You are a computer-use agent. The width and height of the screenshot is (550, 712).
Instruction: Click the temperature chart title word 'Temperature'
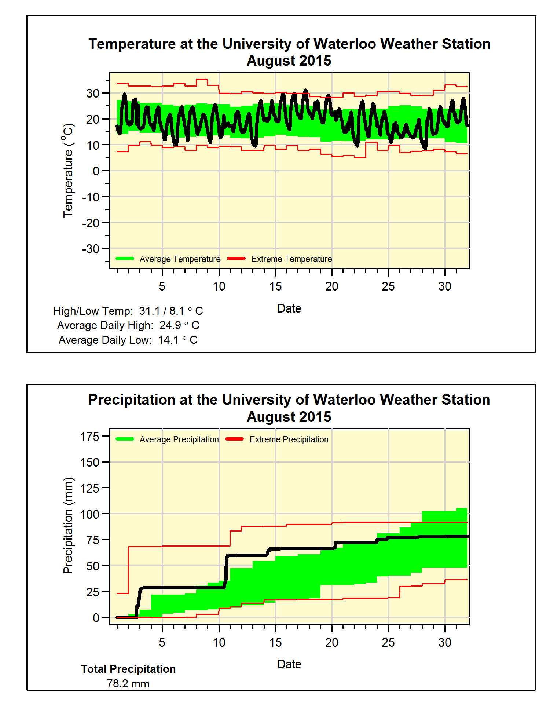click(132, 44)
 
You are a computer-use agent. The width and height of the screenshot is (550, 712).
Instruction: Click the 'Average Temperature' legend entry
click(180, 259)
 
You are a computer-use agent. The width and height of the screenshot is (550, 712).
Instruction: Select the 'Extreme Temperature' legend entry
click(291, 259)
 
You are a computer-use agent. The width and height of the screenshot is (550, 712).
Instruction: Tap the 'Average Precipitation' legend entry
click(179, 439)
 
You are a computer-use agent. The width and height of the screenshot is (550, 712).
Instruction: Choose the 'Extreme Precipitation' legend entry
click(289, 439)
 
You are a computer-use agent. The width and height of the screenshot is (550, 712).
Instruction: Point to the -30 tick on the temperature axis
click(91, 249)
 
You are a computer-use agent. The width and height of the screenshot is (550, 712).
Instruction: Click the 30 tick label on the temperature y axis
click(93, 94)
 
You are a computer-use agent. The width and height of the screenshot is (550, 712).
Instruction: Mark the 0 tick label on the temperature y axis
click(96, 171)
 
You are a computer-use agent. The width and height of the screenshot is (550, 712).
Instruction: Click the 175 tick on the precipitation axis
click(90, 437)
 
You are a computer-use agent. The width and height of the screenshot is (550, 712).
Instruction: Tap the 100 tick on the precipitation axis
click(90, 514)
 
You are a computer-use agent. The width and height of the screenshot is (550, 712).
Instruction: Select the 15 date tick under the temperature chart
click(275, 286)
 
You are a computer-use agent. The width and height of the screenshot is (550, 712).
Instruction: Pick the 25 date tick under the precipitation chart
click(388, 643)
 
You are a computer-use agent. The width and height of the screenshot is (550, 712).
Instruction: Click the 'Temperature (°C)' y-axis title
click(68, 171)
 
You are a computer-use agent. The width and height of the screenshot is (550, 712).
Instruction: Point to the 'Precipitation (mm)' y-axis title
click(68, 525)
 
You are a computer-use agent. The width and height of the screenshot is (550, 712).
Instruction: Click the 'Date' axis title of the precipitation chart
click(289, 664)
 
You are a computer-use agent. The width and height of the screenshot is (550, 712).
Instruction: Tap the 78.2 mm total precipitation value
click(128, 684)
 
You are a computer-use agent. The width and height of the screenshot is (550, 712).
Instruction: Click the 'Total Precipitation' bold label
click(128, 669)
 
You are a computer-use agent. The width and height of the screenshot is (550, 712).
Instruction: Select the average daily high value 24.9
click(170, 325)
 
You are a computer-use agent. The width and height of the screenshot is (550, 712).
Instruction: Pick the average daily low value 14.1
click(169, 340)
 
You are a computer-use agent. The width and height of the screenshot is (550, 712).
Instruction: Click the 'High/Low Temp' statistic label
click(93, 311)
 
